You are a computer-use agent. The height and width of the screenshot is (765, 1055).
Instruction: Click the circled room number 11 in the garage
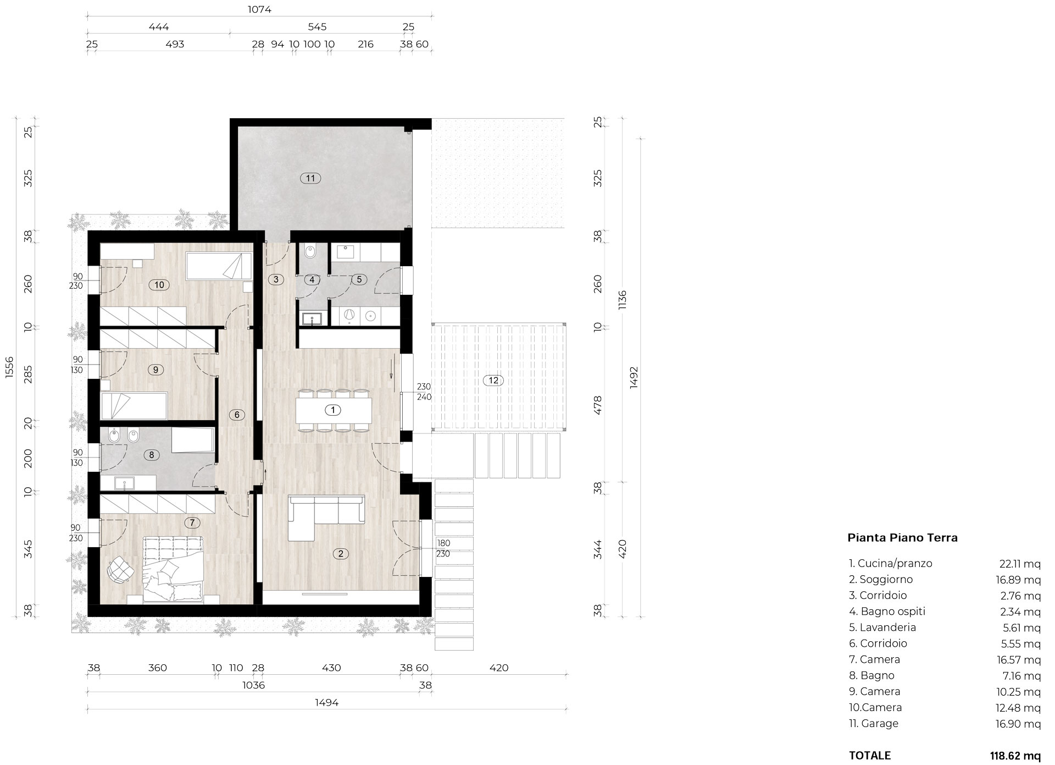click(311, 178)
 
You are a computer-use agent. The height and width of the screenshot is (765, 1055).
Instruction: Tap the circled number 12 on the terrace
click(493, 380)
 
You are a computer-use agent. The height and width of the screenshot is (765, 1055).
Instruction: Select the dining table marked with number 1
click(333, 410)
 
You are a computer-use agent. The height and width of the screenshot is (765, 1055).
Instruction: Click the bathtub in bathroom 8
click(192, 441)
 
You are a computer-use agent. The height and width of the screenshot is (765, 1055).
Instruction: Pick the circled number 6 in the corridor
click(237, 415)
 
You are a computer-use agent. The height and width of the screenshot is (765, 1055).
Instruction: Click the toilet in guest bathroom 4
click(309, 252)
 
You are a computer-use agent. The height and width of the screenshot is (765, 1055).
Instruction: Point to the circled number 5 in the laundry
click(359, 279)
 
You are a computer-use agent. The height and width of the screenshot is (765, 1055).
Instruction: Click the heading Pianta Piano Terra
click(903, 538)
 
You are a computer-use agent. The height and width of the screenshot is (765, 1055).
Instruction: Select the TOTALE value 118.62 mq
click(1015, 756)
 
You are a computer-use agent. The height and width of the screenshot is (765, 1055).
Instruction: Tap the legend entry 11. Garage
click(874, 723)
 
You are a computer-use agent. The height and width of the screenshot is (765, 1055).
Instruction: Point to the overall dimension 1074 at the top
click(259, 9)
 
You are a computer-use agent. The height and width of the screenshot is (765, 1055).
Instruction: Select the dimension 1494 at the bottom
click(326, 702)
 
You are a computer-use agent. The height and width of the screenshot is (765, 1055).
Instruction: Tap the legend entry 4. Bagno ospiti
click(887, 612)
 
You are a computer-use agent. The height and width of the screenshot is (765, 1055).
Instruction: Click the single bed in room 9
click(135, 406)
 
